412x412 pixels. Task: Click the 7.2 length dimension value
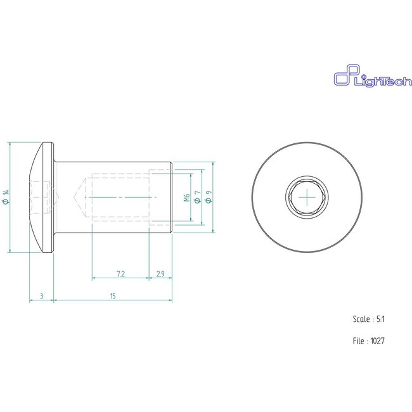coord(120,273)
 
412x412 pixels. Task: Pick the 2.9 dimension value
coord(160,273)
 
